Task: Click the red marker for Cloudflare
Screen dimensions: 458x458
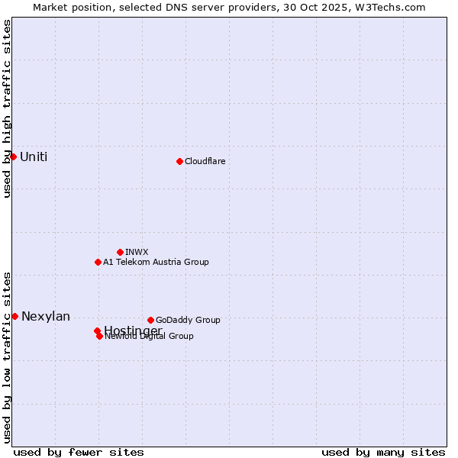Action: [x=179, y=161]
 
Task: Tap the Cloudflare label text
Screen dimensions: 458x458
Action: [x=205, y=161]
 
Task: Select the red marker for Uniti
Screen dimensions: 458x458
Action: [x=13, y=156]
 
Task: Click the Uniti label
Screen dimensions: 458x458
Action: [x=34, y=156]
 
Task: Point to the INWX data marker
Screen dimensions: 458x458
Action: [x=120, y=252]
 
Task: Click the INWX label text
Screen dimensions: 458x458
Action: [x=137, y=252]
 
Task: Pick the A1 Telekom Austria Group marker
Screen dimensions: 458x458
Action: [x=98, y=262]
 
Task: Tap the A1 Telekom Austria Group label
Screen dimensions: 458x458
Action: [x=156, y=262]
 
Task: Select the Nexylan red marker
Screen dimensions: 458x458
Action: [x=15, y=316]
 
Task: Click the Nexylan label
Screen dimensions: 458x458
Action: [x=46, y=316]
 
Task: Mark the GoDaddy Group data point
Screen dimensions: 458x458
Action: [x=150, y=320]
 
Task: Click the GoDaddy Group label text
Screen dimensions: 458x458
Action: [x=188, y=320]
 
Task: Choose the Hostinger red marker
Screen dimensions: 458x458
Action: [x=97, y=331]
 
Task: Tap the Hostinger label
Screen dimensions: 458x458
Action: [x=133, y=330]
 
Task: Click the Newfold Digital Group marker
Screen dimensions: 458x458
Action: [x=99, y=336]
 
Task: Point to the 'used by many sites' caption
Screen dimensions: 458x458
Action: [x=383, y=452]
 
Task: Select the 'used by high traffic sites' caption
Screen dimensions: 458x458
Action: [x=7, y=108]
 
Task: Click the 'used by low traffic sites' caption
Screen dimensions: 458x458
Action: [x=7, y=356]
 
